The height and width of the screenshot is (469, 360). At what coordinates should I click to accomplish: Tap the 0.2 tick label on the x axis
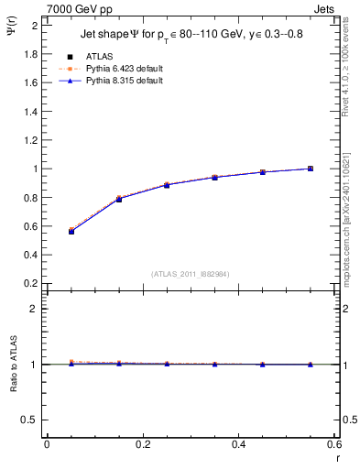click(x=142, y=445)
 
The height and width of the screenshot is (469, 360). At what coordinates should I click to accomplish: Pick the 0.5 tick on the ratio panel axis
click(x=29, y=420)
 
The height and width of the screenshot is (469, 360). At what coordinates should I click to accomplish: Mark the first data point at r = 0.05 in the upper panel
click(x=71, y=232)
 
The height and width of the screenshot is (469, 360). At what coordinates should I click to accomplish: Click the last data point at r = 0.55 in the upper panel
click(x=311, y=169)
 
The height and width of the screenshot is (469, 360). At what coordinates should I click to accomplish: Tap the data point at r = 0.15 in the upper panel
click(x=119, y=199)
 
